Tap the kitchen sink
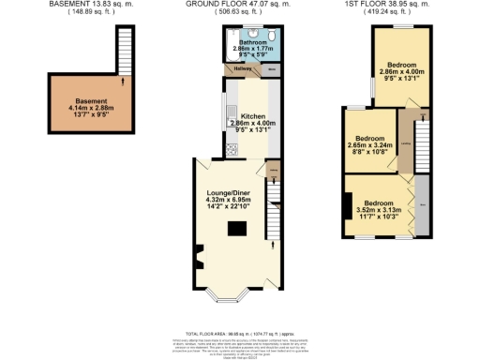[x=229, y=117]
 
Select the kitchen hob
[x=231, y=149]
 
